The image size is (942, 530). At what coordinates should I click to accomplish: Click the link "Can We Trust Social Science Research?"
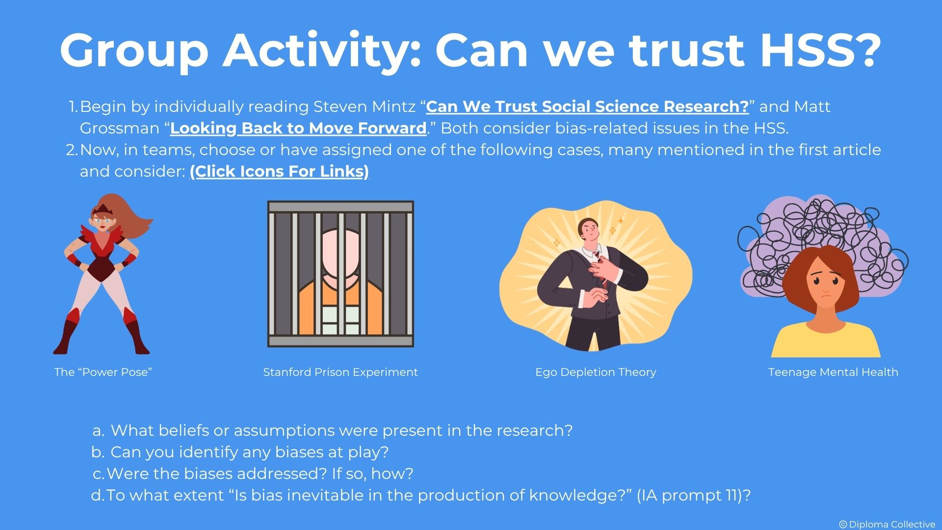tap(587, 106)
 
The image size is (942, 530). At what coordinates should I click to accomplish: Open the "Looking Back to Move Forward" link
tap(298, 128)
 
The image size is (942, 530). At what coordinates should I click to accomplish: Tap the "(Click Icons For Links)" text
tap(279, 171)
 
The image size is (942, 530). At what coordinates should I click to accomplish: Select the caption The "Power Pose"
tap(103, 372)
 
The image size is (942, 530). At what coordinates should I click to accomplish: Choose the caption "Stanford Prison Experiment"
tap(340, 372)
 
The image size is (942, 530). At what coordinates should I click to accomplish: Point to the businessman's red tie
tap(600, 267)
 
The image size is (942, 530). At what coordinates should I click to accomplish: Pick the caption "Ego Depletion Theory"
tap(596, 372)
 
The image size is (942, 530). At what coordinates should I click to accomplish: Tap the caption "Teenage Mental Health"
tap(833, 372)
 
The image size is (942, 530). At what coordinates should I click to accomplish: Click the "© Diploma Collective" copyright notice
tap(887, 524)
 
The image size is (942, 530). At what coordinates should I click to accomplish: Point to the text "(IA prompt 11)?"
tap(694, 495)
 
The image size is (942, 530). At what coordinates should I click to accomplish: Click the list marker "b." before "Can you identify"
tap(98, 452)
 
